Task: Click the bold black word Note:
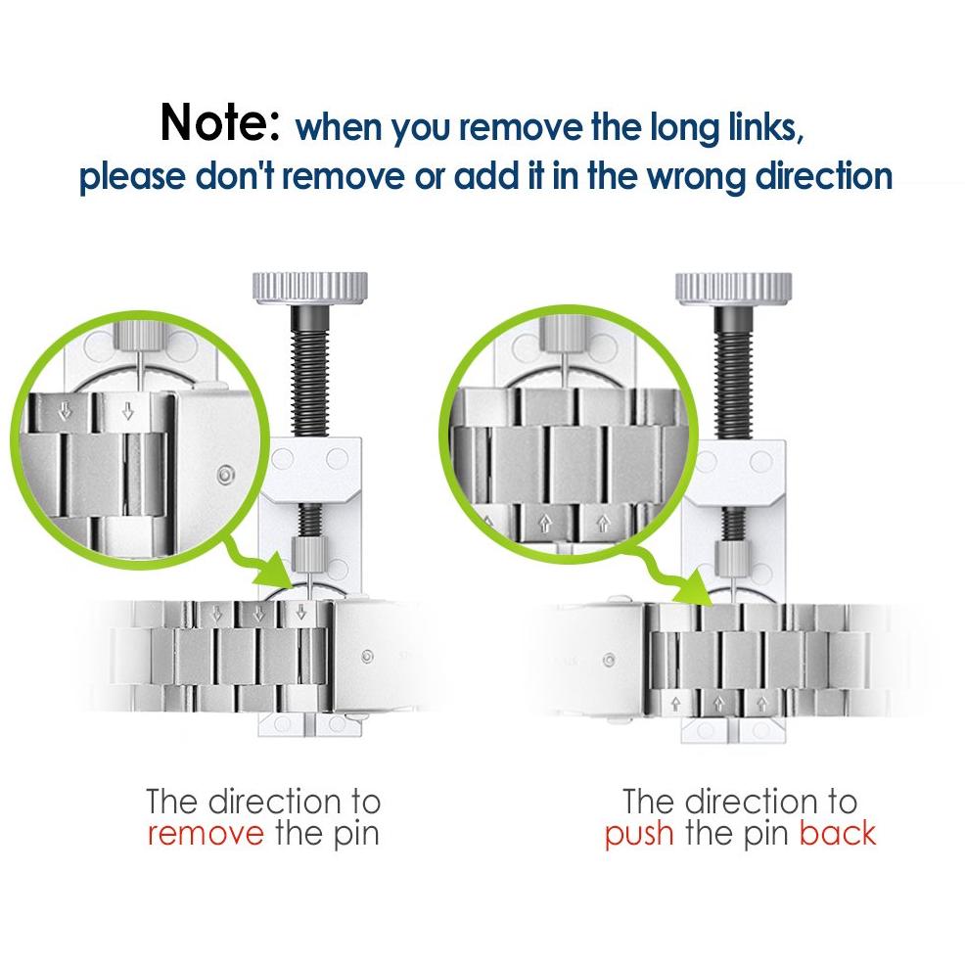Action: [219, 122]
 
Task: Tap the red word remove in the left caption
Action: [206, 834]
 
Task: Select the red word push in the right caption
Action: [639, 836]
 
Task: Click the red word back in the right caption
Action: [838, 834]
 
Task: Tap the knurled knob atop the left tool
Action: [310, 288]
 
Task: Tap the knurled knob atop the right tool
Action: [734, 288]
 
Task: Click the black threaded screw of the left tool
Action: [310, 371]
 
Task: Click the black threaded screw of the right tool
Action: [733, 372]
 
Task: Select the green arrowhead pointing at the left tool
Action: [274, 572]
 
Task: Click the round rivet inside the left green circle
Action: [226, 475]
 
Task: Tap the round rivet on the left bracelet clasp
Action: [367, 657]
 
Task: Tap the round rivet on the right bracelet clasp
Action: [609, 661]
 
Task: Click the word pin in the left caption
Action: [356, 836]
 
